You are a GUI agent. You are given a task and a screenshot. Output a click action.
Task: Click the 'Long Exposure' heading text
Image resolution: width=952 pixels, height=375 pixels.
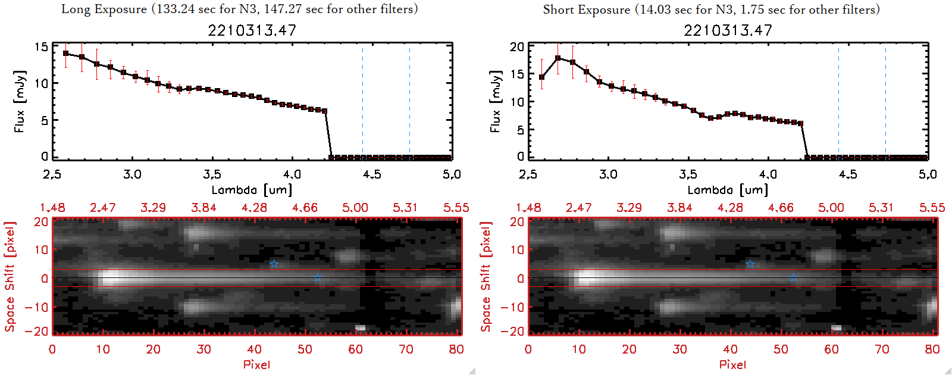click(x=104, y=9)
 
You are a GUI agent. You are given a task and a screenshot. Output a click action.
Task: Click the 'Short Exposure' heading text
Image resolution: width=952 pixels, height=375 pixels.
click(x=586, y=10)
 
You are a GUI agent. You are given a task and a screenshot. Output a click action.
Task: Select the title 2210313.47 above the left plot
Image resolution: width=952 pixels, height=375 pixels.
click(x=252, y=30)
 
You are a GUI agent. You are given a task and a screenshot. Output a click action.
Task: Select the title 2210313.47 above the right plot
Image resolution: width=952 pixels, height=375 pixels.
click(x=728, y=30)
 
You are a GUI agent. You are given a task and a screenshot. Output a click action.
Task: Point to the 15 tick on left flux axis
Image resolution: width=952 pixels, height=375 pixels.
click(x=41, y=46)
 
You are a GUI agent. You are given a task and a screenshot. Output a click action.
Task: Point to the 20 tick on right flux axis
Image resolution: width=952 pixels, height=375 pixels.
click(x=517, y=46)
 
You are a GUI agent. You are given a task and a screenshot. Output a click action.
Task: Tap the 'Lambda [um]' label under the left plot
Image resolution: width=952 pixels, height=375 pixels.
click(x=252, y=190)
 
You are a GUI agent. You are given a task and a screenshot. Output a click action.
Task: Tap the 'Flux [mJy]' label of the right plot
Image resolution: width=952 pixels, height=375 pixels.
click(x=496, y=101)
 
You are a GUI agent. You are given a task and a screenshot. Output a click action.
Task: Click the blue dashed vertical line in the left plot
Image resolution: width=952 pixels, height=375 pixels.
click(x=409, y=101)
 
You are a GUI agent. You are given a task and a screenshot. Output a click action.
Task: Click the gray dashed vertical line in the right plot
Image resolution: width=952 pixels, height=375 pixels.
click(x=838, y=101)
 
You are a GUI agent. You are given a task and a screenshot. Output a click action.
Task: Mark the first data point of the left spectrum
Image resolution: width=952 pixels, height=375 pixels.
click(x=66, y=54)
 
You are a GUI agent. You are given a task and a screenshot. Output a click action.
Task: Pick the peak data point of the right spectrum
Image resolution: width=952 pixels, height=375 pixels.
click(x=558, y=58)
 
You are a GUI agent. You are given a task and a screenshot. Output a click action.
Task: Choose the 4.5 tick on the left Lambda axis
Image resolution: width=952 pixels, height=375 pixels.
click(x=372, y=174)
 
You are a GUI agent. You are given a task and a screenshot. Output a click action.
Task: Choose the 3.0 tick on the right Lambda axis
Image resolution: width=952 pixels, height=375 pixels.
click(x=608, y=174)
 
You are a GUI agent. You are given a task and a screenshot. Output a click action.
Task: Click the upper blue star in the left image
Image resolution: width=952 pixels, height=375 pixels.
click(x=274, y=264)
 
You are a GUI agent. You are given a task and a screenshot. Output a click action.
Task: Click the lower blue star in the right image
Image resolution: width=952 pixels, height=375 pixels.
click(x=793, y=278)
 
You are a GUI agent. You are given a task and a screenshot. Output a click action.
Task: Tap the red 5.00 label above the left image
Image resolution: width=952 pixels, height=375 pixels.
click(x=355, y=208)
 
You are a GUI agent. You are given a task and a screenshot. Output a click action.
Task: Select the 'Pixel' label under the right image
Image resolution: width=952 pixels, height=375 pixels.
click(x=732, y=364)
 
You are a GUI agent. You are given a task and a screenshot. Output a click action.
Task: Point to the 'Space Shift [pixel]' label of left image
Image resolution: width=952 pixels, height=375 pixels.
click(x=10, y=277)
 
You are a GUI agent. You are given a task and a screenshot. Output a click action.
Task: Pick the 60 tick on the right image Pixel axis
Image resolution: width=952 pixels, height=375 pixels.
click(x=832, y=349)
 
